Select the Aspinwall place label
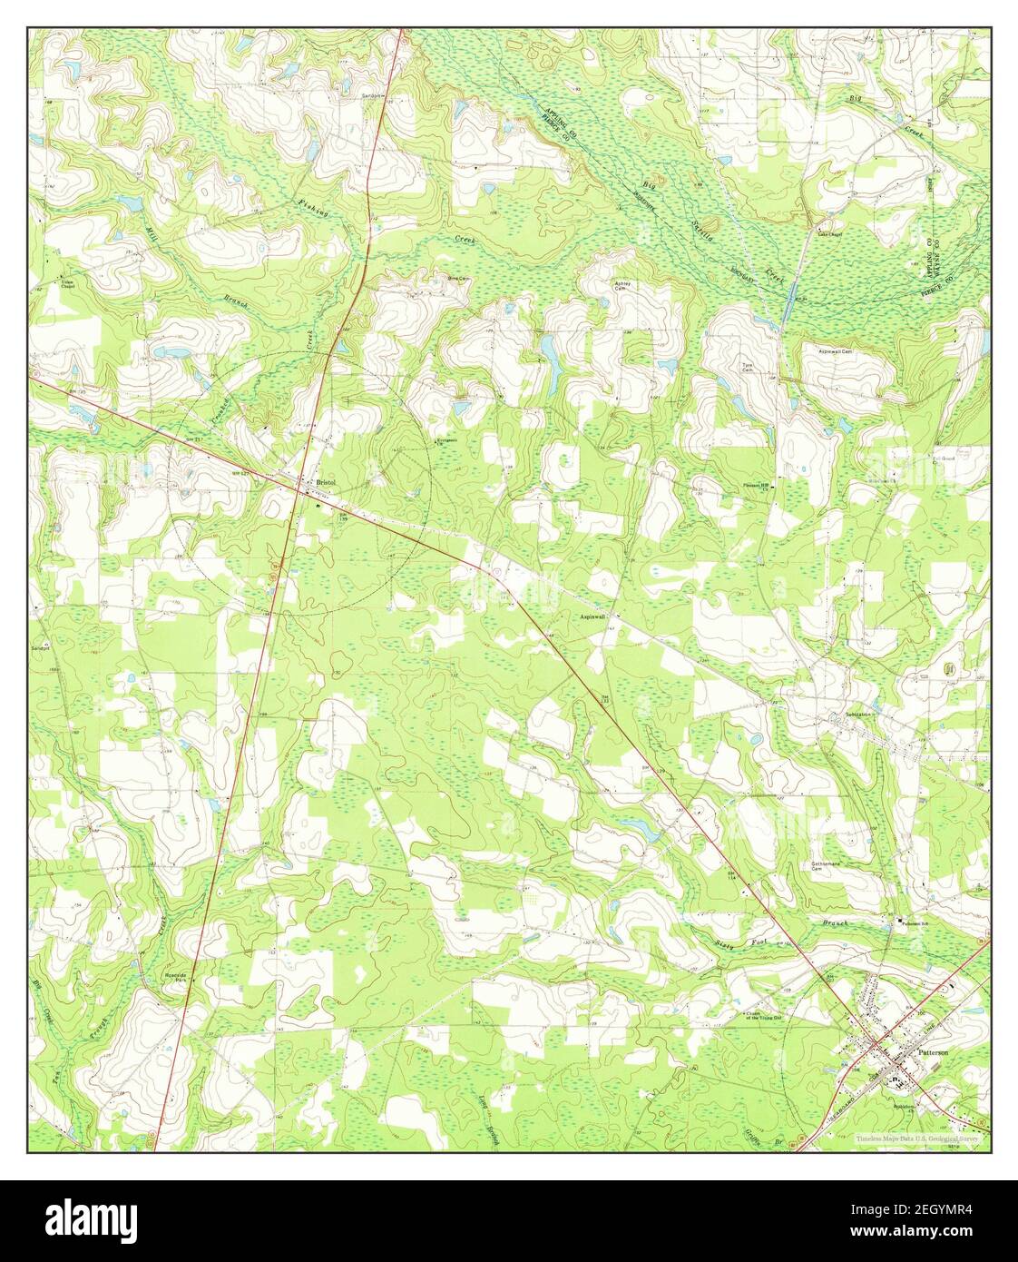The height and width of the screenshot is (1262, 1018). coord(592,616)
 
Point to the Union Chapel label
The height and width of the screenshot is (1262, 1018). coord(62,283)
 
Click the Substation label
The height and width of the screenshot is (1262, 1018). coord(858,715)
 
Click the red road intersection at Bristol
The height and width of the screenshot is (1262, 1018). coord(301,488)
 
